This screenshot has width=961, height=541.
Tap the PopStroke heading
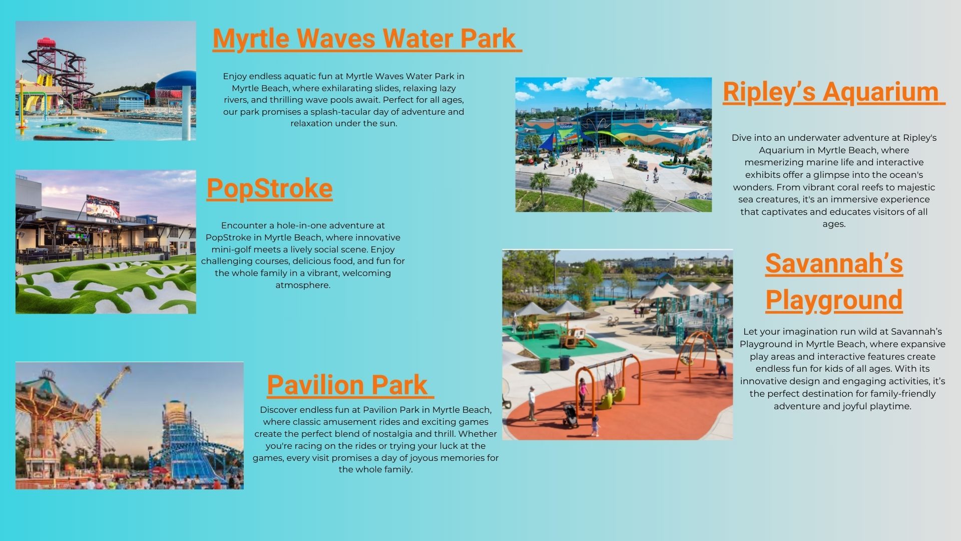(269, 188)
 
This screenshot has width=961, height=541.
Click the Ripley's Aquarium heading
(833, 92)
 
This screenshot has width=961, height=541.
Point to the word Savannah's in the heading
(834, 263)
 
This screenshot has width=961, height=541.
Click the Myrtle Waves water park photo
(106, 81)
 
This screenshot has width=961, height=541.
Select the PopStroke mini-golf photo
(106, 242)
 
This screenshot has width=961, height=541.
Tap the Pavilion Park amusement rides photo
(130, 425)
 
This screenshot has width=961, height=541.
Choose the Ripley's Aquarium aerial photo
(614, 144)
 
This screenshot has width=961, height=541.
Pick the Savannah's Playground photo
(618, 345)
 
